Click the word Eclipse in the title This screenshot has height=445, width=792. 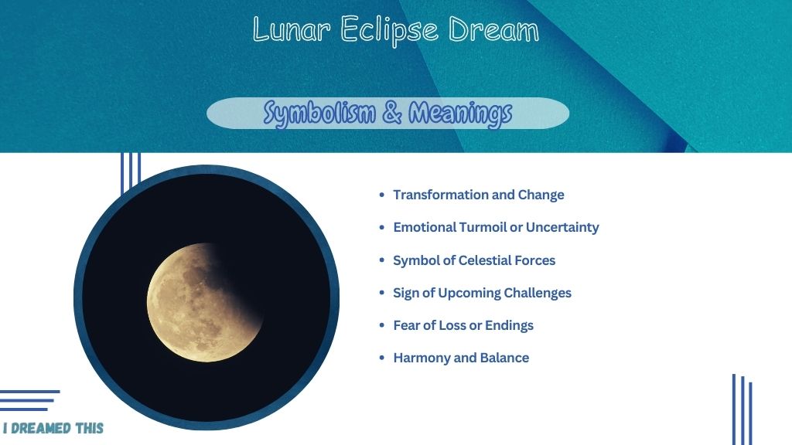click(x=389, y=31)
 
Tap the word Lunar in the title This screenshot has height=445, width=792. click(x=292, y=29)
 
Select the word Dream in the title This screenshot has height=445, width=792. click(x=494, y=29)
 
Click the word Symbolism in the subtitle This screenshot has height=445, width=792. click(x=319, y=113)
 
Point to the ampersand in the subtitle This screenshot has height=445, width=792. click(x=392, y=112)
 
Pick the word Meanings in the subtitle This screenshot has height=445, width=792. click(x=460, y=114)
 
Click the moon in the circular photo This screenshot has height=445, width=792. click(x=205, y=302)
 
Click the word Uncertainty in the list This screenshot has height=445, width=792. click(x=562, y=228)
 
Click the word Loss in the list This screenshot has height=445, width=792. click(x=452, y=325)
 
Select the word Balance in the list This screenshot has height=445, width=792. click(x=504, y=358)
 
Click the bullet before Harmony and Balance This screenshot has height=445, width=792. click(x=382, y=358)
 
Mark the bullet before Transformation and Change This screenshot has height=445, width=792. click(x=382, y=195)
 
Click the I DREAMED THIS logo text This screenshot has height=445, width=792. click(x=53, y=428)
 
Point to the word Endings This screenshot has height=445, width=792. click(x=509, y=326)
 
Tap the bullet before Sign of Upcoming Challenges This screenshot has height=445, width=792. click(x=382, y=293)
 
